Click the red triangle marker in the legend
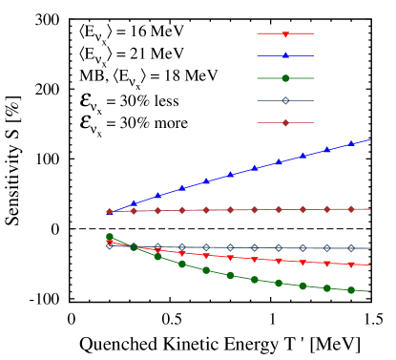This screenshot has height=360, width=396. (x=285, y=34)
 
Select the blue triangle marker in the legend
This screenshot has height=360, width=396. (x=285, y=55)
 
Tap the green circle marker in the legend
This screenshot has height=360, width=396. (x=285, y=78)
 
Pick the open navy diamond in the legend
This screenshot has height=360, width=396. (x=285, y=100)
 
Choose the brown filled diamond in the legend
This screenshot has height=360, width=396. (x=285, y=122)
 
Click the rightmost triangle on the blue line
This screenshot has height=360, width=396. (x=351, y=143)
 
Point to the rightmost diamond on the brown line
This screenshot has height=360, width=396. (x=351, y=209)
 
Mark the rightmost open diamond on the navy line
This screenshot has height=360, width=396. (x=351, y=248)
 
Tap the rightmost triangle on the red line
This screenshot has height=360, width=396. (x=351, y=265)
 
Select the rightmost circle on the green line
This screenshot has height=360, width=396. (x=351, y=289)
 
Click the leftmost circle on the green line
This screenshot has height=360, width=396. (x=109, y=237)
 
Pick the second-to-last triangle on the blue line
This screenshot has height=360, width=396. (x=327, y=149)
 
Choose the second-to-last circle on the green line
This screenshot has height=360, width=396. (x=327, y=287)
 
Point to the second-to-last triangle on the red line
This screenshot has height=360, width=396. (x=327, y=264)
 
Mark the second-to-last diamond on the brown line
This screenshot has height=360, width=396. (x=327, y=209)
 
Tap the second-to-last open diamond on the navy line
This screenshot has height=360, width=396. (x=327, y=248)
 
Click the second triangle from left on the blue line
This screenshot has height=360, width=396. (x=134, y=203)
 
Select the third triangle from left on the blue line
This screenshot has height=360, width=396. (x=157, y=196)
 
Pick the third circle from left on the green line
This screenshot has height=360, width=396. (x=157, y=257)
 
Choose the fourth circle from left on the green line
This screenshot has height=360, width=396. (x=182, y=265)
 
